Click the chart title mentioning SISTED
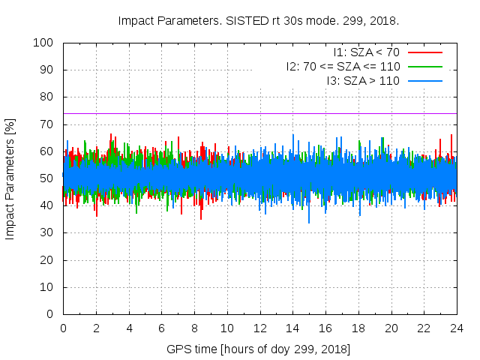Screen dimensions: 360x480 [x=259, y=20]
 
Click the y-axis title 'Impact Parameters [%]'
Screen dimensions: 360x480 [x=10, y=178]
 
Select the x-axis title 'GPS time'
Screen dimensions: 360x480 [x=259, y=349]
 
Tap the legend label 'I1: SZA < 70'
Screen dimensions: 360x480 [x=367, y=52]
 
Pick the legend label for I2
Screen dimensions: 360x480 [x=343, y=66]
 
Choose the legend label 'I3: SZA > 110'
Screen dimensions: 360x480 [x=363, y=80]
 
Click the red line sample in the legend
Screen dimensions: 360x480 [x=424, y=52]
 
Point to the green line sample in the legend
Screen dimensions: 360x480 [x=424, y=66]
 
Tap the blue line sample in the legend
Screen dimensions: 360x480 [x=424, y=80]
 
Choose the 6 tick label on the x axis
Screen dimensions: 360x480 [x=161, y=328]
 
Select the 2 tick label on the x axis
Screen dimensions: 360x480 [x=96, y=328]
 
